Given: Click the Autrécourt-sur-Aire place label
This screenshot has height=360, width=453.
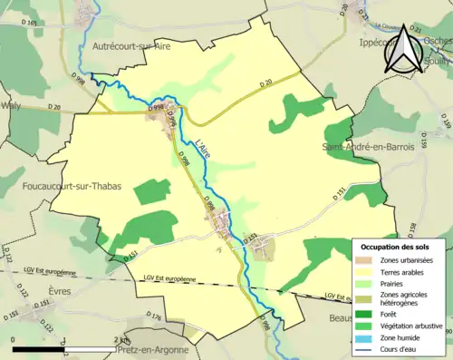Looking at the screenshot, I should coord(132,44).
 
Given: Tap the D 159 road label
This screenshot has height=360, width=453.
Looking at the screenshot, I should coord(447,123).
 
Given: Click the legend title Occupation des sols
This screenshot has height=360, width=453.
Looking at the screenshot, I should coord(395,247).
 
